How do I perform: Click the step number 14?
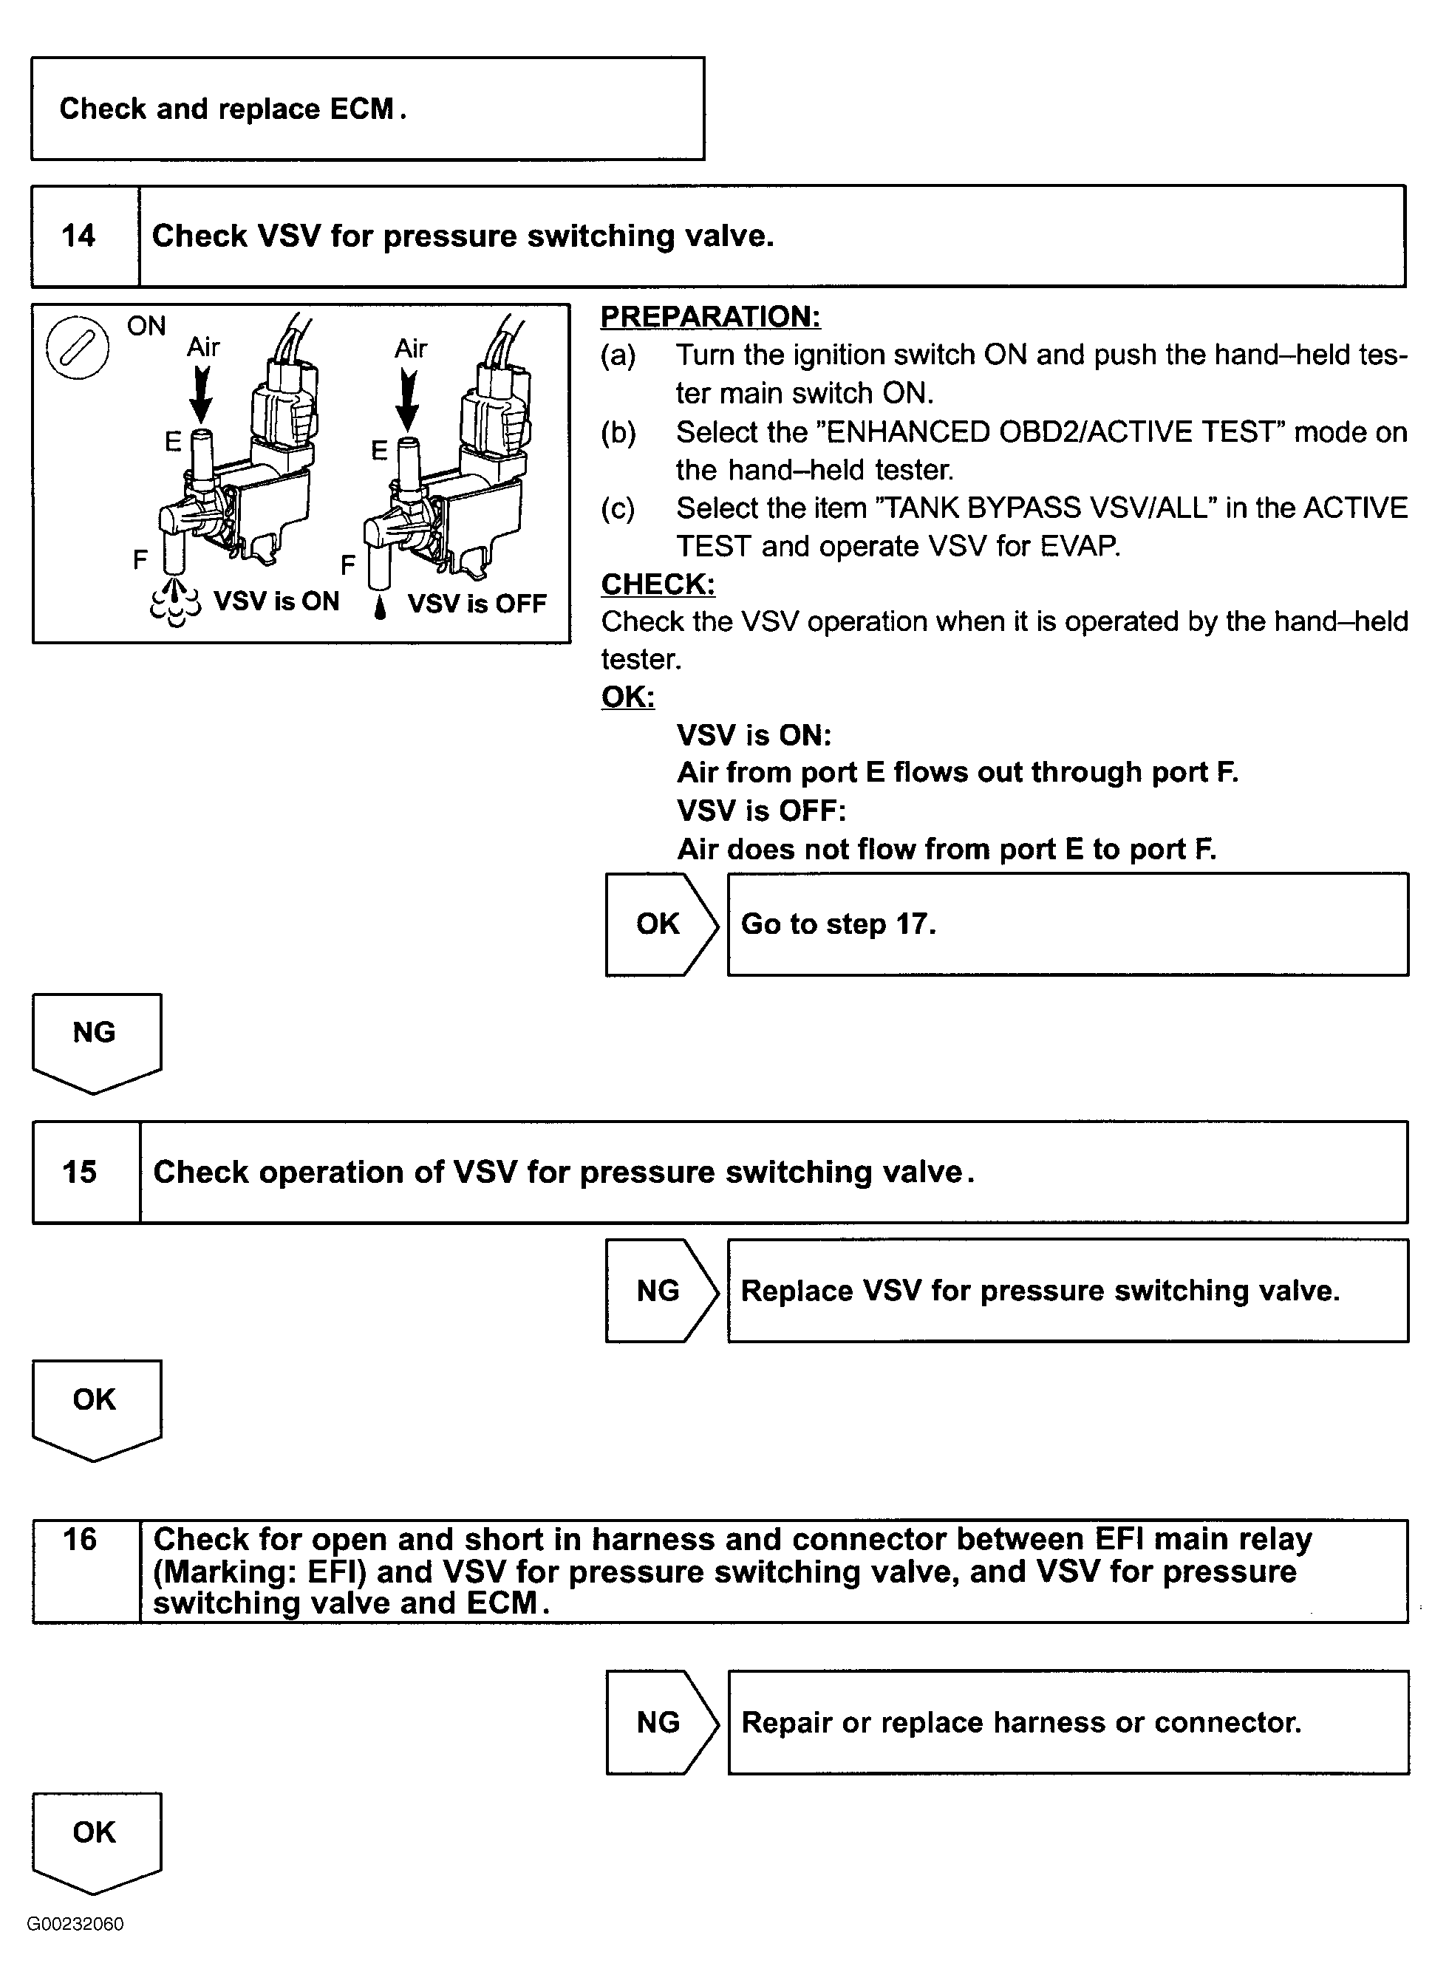(x=79, y=236)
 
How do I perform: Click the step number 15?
(x=80, y=1173)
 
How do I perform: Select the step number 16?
(x=80, y=1540)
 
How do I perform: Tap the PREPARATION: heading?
(x=711, y=316)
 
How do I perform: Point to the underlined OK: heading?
(x=628, y=697)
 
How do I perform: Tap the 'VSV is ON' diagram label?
(x=276, y=601)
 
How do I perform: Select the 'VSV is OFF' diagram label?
(x=477, y=603)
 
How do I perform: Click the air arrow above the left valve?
(x=202, y=395)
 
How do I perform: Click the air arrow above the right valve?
(x=408, y=399)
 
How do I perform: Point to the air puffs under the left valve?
(x=175, y=603)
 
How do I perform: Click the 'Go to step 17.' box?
(x=1068, y=924)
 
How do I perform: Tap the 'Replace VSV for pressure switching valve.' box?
(x=1068, y=1291)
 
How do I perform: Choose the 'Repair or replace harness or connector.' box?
(x=1068, y=1722)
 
